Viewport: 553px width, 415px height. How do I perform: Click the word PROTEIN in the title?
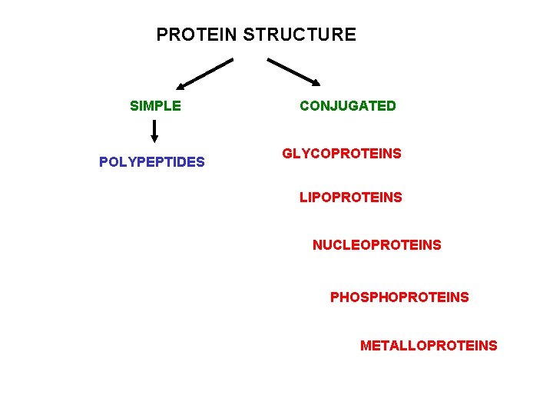pyautogui.click(x=197, y=35)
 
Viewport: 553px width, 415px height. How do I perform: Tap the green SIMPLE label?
pyautogui.click(x=156, y=106)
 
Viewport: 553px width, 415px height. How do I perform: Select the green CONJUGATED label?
pyautogui.click(x=348, y=106)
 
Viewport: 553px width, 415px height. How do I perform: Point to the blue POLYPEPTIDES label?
pyautogui.click(x=152, y=162)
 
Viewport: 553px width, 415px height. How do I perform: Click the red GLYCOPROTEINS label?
pyautogui.click(x=342, y=154)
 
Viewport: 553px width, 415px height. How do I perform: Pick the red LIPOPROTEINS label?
pyautogui.click(x=351, y=198)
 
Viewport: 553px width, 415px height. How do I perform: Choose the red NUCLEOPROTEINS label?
pyautogui.click(x=377, y=245)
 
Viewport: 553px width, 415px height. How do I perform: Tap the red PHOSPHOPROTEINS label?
pyautogui.click(x=399, y=297)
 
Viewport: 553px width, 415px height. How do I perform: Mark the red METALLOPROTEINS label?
pyautogui.click(x=429, y=346)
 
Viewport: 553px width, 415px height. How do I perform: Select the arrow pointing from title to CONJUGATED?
pyautogui.click(x=293, y=71)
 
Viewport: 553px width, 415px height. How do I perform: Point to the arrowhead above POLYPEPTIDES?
pyautogui.click(x=154, y=139)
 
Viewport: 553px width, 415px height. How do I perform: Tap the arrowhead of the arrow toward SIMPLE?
pyautogui.click(x=180, y=86)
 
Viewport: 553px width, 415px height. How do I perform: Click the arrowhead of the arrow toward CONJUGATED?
pyautogui.click(x=316, y=82)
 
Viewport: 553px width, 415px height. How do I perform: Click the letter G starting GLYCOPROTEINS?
pyautogui.click(x=287, y=154)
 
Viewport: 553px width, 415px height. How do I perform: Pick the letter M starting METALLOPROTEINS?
pyautogui.click(x=366, y=346)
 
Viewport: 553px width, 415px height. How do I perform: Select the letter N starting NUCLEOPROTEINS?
pyautogui.click(x=317, y=245)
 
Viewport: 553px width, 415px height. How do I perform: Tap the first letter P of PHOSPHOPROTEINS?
pyautogui.click(x=334, y=297)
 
